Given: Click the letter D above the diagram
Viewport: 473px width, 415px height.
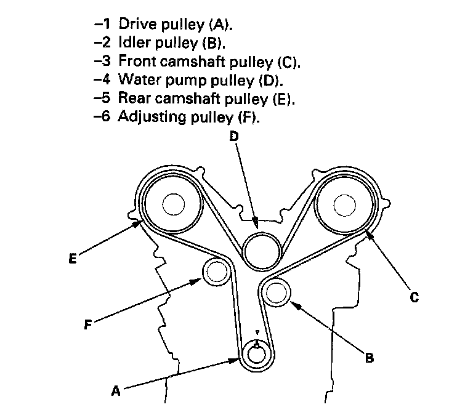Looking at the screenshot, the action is (x=234, y=136).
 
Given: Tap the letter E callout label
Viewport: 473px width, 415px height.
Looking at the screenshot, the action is (x=73, y=259).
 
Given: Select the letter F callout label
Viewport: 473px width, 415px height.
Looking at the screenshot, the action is (x=88, y=324).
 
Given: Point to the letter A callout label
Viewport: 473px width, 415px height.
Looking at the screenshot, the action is (x=116, y=391).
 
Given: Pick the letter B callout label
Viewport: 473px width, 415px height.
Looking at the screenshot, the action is (x=370, y=358).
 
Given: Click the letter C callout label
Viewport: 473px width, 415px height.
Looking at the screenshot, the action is (x=414, y=297).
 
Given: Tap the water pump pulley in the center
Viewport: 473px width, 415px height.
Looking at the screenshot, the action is (x=262, y=251).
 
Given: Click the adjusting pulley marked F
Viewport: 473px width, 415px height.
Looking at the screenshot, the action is (x=216, y=272).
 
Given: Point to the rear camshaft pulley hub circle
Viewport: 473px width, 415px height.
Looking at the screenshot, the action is (x=174, y=204).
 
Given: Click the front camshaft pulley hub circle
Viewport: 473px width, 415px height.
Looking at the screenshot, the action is (x=344, y=205).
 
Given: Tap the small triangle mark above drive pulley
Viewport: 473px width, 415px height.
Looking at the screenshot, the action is (x=257, y=332).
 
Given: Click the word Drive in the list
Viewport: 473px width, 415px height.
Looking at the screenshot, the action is (x=138, y=24).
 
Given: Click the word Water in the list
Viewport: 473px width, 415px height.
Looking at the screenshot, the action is (x=139, y=79).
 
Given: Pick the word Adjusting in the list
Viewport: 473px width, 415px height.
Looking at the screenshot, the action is (x=152, y=117).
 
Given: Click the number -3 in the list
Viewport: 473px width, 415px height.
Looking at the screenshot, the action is (x=102, y=61).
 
